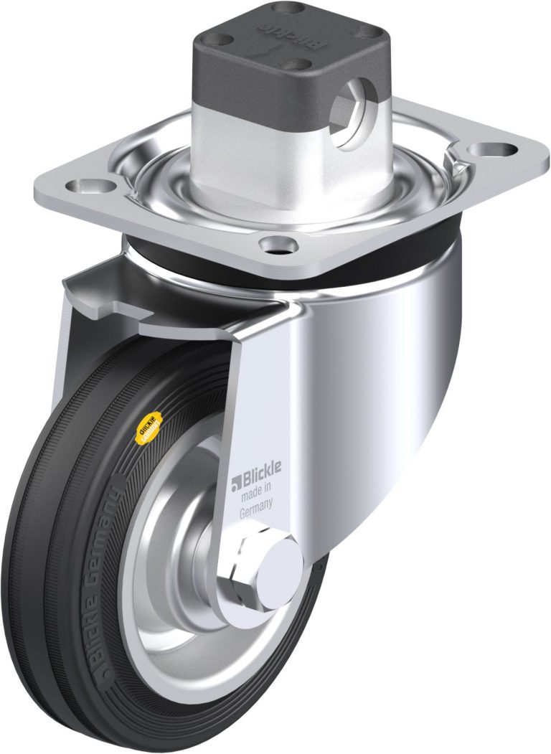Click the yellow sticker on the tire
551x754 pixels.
(x=148, y=428)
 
